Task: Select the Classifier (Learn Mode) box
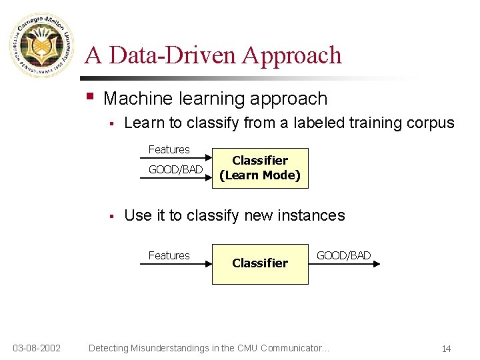(260, 168)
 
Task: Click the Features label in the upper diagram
(169, 149)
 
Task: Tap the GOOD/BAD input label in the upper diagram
(175, 169)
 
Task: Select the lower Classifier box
(260, 263)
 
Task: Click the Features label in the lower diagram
(169, 255)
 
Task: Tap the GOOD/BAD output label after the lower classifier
(343, 255)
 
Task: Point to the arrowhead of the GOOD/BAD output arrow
(377, 264)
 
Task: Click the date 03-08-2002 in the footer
(37, 348)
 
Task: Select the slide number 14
(446, 349)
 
